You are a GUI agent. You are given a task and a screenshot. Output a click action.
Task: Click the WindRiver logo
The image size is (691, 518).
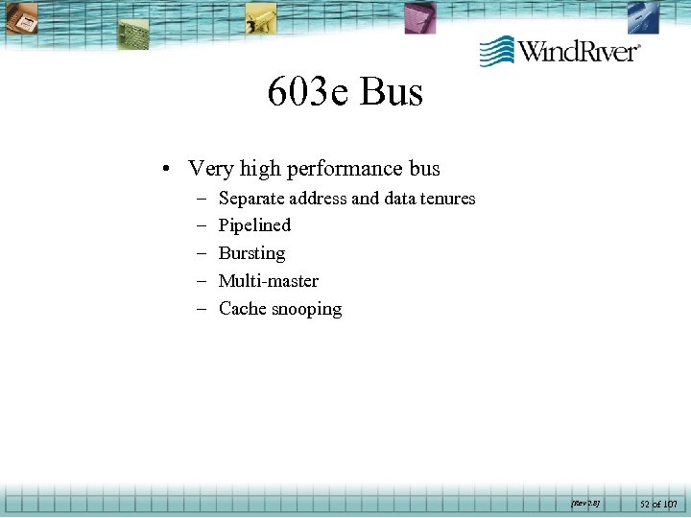click(560, 50)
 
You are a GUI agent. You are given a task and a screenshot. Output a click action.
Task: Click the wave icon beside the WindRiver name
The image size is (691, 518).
click(497, 51)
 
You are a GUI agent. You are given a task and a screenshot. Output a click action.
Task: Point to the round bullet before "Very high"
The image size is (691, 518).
click(167, 170)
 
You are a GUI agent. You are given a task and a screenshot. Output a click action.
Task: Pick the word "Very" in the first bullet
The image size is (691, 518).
click(211, 170)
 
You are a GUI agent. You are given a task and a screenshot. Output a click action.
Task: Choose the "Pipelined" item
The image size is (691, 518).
click(254, 225)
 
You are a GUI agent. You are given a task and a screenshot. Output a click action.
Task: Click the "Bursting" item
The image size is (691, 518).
click(251, 253)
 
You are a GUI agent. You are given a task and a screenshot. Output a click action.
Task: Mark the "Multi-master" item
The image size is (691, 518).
click(269, 281)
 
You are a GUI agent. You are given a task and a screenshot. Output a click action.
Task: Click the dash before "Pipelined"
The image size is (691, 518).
click(203, 226)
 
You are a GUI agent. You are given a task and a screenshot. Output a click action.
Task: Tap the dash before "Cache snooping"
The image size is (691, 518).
click(203, 310)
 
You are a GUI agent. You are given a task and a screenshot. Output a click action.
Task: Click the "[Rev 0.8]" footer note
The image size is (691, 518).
click(584, 502)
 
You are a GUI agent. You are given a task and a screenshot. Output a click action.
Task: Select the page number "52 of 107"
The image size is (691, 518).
click(658, 503)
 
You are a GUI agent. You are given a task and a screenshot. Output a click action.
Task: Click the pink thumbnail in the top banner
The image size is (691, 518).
click(419, 17)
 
